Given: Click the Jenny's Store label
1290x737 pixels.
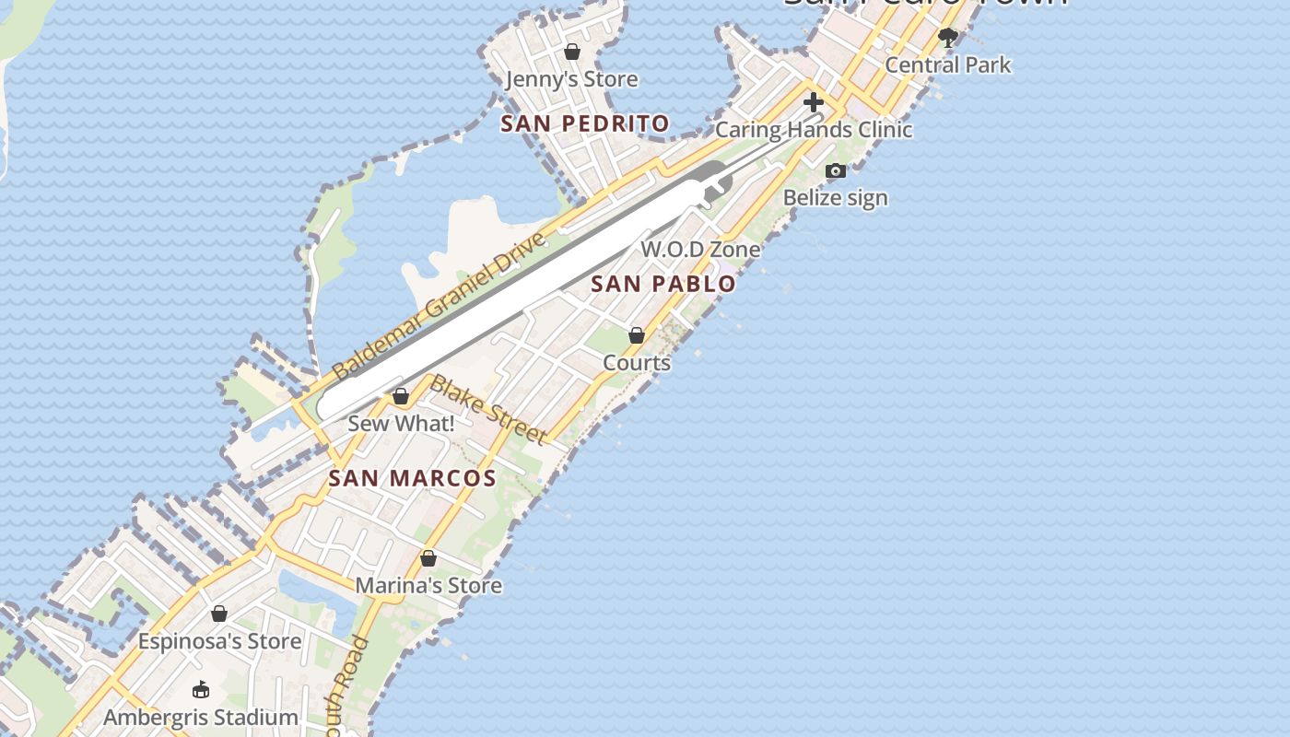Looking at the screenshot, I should coord(571,79).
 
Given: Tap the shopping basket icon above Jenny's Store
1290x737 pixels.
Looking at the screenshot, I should coord(572,52).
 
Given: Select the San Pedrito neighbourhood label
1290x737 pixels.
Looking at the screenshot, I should coord(584,123).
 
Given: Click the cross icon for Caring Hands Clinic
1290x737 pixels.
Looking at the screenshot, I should coord(813,102).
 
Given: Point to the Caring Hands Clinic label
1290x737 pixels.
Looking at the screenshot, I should coord(814,130).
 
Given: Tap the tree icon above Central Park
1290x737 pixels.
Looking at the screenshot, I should coord(947,38).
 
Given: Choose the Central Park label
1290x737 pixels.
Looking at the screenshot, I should coord(947,65).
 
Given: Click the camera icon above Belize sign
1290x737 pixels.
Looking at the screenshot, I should coord(836,170).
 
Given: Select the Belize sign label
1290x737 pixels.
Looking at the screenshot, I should coord(835,198).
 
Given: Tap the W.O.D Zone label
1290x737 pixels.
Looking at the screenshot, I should coord(700,250).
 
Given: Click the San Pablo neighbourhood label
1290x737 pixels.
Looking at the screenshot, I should coord(663,284).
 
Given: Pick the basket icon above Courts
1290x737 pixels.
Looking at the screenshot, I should coord(637,335).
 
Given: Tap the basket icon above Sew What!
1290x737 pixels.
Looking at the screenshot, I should coord(401,396).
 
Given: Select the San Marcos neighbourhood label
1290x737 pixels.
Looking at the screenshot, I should coord(412,478).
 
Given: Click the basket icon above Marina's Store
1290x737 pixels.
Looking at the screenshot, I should coord(428,558).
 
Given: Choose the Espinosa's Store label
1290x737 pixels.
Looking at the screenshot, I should coord(219,641).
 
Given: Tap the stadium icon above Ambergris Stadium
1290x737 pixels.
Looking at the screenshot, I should coord(201,689).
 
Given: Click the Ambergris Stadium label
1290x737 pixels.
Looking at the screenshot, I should coord(201,717).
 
